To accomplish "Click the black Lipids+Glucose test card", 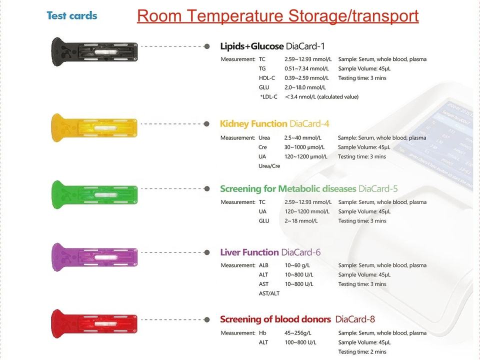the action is click(x=94, y=51).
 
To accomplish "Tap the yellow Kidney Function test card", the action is click(x=94, y=127).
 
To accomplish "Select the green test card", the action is click(x=94, y=194).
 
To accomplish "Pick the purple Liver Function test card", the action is click(x=94, y=257).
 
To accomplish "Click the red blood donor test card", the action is click(x=94, y=324).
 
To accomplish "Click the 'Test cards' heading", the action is click(x=72, y=15).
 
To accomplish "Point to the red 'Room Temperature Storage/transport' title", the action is click(x=277, y=16).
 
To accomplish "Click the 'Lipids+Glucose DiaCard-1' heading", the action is click(x=272, y=46).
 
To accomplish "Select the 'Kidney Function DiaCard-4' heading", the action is click(x=274, y=123).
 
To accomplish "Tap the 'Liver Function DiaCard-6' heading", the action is click(x=270, y=252).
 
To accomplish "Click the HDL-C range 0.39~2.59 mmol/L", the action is click(x=306, y=78).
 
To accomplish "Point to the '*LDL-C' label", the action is click(x=268, y=96).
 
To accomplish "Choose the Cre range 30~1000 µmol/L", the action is click(x=304, y=147).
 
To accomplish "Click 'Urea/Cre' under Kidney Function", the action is click(x=269, y=166).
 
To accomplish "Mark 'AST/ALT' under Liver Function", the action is click(x=269, y=293).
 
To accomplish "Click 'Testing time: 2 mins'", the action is click(x=362, y=351).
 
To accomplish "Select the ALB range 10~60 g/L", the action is click(x=297, y=265).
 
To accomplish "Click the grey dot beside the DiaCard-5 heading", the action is click(x=207, y=188).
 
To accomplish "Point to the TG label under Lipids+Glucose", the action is click(x=262, y=68).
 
